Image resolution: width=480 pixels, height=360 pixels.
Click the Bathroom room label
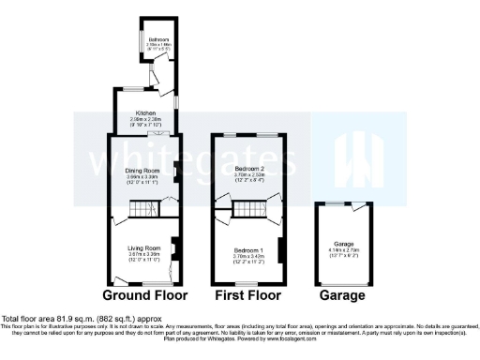(x=156, y=39)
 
